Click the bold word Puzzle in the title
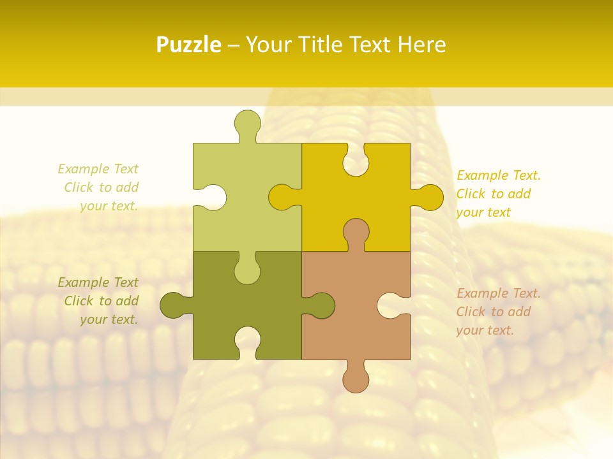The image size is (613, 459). tap(189, 45)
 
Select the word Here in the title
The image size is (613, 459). tap(421, 45)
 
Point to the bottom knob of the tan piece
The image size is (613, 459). tap(356, 377)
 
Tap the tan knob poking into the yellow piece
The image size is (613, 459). tap(356, 233)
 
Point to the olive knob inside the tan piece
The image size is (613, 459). tap(319, 305)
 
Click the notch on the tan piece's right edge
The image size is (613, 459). tap(391, 305)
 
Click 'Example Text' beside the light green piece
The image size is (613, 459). tap(98, 169)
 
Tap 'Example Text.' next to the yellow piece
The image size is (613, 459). tap(498, 175)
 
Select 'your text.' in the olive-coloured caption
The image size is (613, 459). tap(109, 319)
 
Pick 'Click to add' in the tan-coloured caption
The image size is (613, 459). tap(493, 312)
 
